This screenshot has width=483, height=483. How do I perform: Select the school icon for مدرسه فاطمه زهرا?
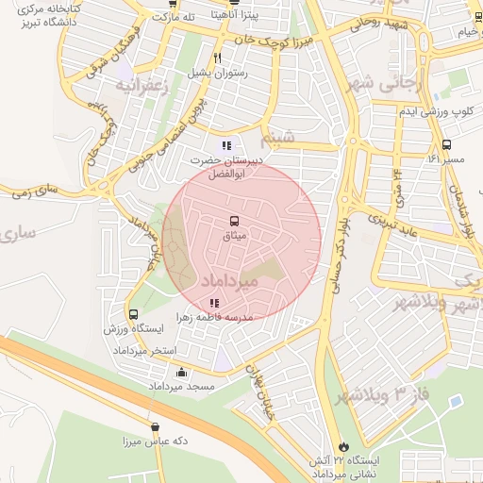click(x=215, y=303)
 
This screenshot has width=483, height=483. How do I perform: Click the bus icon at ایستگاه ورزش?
click(x=133, y=314)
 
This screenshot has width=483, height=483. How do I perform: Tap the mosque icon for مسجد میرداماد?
click(x=181, y=372)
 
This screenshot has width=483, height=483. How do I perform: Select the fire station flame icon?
click(x=341, y=446)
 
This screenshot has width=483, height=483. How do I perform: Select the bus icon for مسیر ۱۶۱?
click(x=446, y=145)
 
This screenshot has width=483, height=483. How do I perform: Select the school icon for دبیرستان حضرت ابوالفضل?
click(x=225, y=145)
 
